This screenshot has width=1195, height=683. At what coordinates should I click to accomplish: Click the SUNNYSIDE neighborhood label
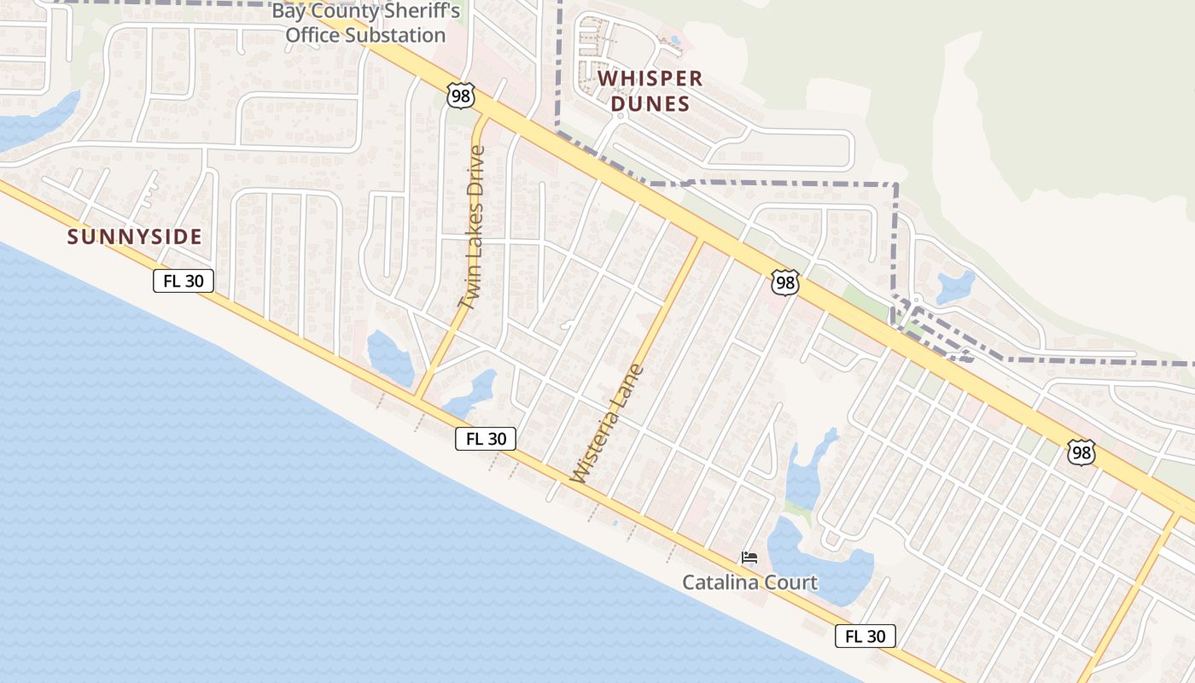click(x=135, y=237)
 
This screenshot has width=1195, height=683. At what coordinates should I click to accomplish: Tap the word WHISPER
click(x=650, y=79)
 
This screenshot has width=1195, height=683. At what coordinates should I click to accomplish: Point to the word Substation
click(x=365, y=35)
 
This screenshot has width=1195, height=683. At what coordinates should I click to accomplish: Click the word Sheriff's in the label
click(x=418, y=11)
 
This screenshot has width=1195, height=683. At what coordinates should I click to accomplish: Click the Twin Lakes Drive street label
click(x=471, y=229)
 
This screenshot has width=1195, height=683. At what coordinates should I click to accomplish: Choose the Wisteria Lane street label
click(x=607, y=424)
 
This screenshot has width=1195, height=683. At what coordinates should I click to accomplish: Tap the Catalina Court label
click(x=749, y=583)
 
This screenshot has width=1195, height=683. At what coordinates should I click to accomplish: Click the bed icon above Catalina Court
click(x=749, y=558)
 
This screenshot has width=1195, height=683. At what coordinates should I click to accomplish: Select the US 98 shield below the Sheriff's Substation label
click(x=460, y=96)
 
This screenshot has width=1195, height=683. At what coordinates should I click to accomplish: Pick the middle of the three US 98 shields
click(x=784, y=283)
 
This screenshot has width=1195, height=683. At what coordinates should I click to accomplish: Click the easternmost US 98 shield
click(x=1081, y=452)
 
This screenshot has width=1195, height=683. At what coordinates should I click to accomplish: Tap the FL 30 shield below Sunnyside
click(x=184, y=281)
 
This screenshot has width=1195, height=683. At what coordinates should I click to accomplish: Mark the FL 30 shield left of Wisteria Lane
click(x=486, y=439)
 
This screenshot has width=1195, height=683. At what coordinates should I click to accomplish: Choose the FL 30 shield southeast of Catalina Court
click(x=866, y=636)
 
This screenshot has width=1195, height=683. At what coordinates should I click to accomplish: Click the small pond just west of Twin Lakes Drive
click(x=390, y=358)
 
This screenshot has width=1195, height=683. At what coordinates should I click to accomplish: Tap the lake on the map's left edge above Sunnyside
click(x=34, y=120)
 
